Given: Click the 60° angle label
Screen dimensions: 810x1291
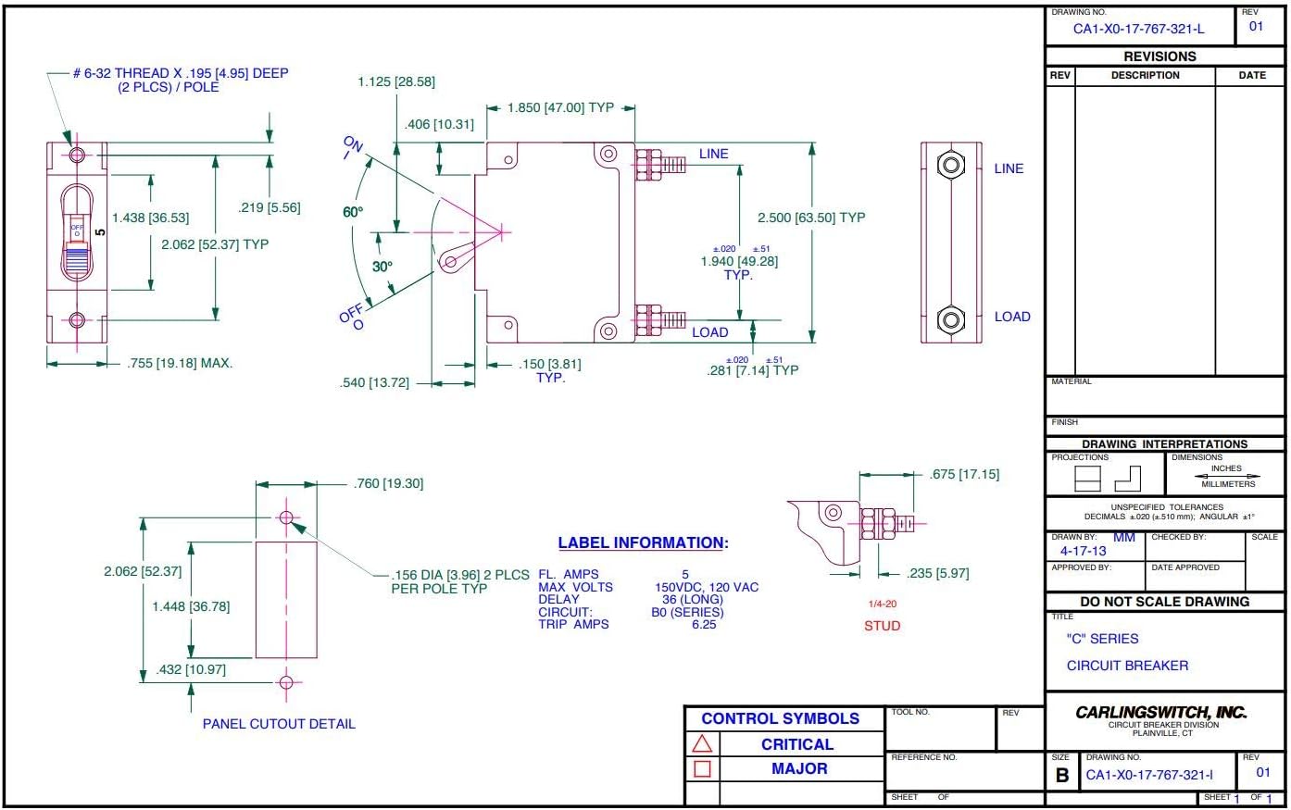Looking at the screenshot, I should point(353,212).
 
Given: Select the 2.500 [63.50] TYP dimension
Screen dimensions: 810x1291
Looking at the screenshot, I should point(811,218).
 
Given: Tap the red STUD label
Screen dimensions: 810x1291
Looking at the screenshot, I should point(882,626).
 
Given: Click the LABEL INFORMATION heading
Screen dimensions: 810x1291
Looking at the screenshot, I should point(643,543).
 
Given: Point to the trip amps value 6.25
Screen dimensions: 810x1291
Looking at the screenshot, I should point(704,625).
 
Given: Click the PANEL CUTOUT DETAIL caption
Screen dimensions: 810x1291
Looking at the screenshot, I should point(279,724).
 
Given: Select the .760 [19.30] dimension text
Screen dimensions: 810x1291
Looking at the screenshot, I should point(388,483).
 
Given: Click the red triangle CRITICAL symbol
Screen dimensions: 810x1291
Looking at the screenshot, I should point(702,744).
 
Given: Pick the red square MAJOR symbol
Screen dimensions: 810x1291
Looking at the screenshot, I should point(702,768).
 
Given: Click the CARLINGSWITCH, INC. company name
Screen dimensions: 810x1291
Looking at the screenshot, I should point(1160,712).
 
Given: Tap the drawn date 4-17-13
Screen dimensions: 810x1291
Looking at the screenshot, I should point(1083,551).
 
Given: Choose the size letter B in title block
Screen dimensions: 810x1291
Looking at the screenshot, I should point(1061,776).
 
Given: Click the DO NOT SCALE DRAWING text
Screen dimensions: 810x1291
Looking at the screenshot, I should point(1164,602).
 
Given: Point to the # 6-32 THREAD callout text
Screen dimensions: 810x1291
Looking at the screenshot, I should point(181,73).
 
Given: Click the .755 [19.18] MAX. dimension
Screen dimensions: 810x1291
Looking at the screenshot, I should point(180,363).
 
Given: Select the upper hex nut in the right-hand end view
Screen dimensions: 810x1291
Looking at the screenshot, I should point(950,166).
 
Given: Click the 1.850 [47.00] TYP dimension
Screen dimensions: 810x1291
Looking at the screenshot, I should point(560,107).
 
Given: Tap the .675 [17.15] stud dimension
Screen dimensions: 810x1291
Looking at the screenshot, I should point(964,474).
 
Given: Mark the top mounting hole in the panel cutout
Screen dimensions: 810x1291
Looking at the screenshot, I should point(285,517).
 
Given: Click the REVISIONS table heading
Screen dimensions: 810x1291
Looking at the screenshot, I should point(1159,56).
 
